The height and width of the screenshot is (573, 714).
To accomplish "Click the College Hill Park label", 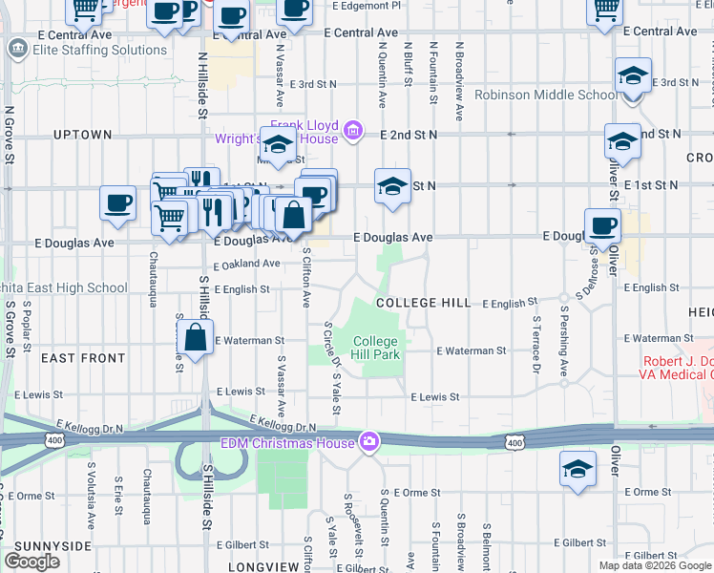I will click(x=375, y=348).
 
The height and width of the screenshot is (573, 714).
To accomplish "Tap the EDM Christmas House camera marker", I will click(x=368, y=441).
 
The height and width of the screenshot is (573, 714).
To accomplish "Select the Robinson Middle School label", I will click(x=547, y=95).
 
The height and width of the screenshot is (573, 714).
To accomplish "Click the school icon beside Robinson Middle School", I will click(x=633, y=75).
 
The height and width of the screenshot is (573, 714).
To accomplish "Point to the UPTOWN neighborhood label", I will click(x=83, y=135).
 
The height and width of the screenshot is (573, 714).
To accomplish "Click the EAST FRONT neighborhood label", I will click(x=83, y=358).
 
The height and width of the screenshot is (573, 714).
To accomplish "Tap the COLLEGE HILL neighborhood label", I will click(x=423, y=303).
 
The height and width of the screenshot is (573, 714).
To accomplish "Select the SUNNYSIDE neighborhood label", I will click(x=46, y=546).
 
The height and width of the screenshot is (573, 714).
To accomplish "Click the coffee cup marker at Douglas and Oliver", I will click(x=602, y=226).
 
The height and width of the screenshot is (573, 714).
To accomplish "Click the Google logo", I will click(x=31, y=562).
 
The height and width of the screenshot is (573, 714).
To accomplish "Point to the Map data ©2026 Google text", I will click(x=655, y=565).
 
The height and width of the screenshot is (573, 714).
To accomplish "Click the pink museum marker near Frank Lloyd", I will click(x=352, y=131).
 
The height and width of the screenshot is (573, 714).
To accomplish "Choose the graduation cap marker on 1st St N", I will click(x=391, y=187).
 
